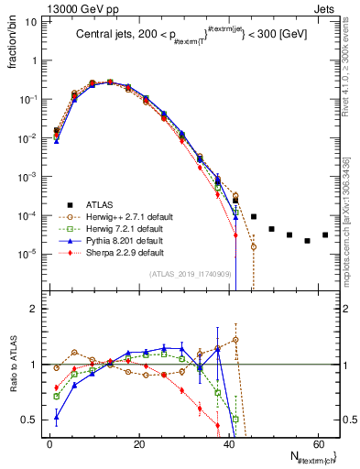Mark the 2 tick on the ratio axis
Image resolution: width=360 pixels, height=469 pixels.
[34, 309]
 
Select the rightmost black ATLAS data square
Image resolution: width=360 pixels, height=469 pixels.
[325, 234]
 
